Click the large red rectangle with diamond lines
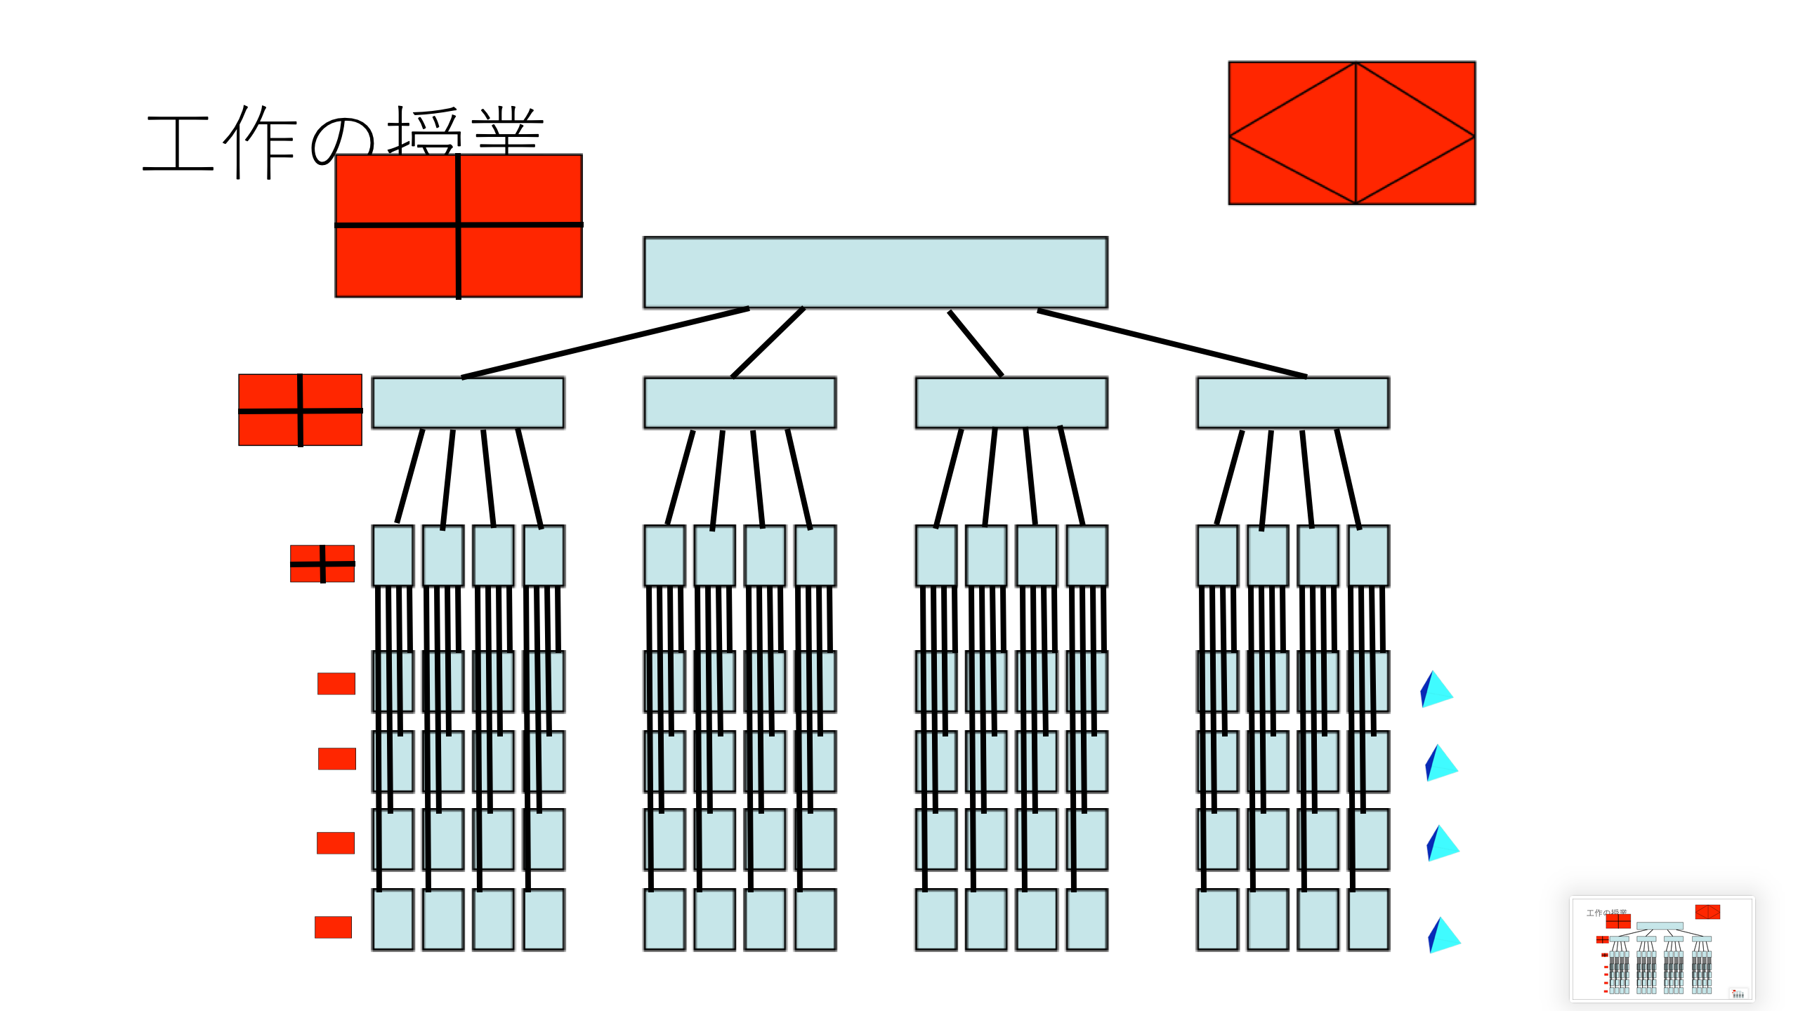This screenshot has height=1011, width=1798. (x=1351, y=133)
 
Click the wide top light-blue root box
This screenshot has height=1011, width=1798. (x=875, y=272)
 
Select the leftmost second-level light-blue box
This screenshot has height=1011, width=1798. (x=468, y=402)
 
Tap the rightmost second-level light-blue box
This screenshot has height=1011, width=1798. (x=1292, y=402)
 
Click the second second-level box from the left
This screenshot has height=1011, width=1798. (x=740, y=402)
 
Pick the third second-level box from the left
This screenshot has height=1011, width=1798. (x=1011, y=402)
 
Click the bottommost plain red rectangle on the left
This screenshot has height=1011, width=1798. (x=333, y=927)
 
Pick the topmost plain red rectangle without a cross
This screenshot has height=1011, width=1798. (x=336, y=683)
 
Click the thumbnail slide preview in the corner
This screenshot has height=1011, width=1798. (x=1662, y=949)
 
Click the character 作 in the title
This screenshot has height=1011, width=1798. (x=260, y=143)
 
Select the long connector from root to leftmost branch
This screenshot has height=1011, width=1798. (x=605, y=343)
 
